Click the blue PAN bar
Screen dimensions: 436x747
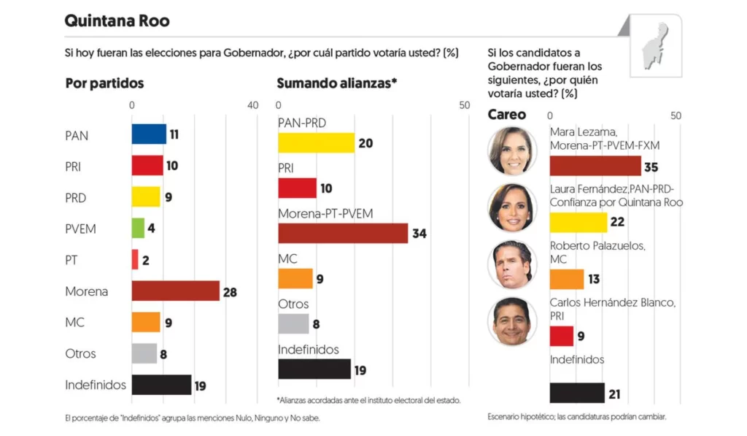[149, 134]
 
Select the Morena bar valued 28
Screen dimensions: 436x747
[175, 291]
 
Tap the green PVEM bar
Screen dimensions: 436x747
[138, 228]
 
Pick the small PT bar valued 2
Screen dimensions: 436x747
[135, 259]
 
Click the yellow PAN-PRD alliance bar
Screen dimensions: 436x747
[316, 142]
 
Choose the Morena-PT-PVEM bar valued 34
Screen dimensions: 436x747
[343, 233]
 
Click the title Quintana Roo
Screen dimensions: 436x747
[117, 20]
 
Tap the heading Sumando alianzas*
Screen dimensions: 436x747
[336, 83]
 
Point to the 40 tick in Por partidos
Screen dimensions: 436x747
[252, 105]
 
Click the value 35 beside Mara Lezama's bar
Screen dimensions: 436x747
[651, 167]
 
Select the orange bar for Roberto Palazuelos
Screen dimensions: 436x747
[567, 279]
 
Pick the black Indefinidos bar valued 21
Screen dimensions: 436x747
[577, 393]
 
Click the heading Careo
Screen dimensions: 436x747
[506, 115]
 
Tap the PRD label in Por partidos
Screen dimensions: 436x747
[75, 198]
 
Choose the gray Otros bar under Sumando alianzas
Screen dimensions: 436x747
[293, 324]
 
